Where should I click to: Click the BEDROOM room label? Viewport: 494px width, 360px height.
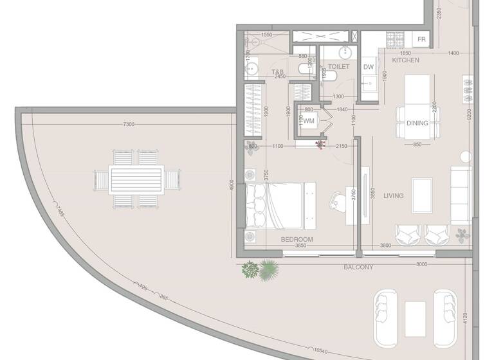pyautogui.click(x=297, y=240)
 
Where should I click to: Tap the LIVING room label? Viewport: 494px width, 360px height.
pyautogui.click(x=394, y=195)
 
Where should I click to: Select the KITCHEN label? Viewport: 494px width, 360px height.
pyautogui.click(x=406, y=60)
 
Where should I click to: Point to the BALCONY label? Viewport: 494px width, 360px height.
pyautogui.click(x=358, y=267)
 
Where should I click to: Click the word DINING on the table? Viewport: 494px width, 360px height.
pyautogui.click(x=417, y=123)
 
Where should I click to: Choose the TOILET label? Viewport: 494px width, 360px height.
pyautogui.click(x=338, y=66)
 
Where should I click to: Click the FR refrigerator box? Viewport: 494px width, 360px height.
pyautogui.click(x=422, y=40)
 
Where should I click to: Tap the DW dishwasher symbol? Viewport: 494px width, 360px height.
pyautogui.click(x=369, y=67)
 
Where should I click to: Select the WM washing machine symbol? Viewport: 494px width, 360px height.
pyautogui.click(x=309, y=121)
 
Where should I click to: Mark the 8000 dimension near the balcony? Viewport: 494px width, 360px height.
pyautogui.click(x=422, y=264)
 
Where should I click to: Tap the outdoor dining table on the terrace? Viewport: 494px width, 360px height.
pyautogui.click(x=136, y=178)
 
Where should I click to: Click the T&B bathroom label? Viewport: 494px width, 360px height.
pyautogui.click(x=278, y=72)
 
